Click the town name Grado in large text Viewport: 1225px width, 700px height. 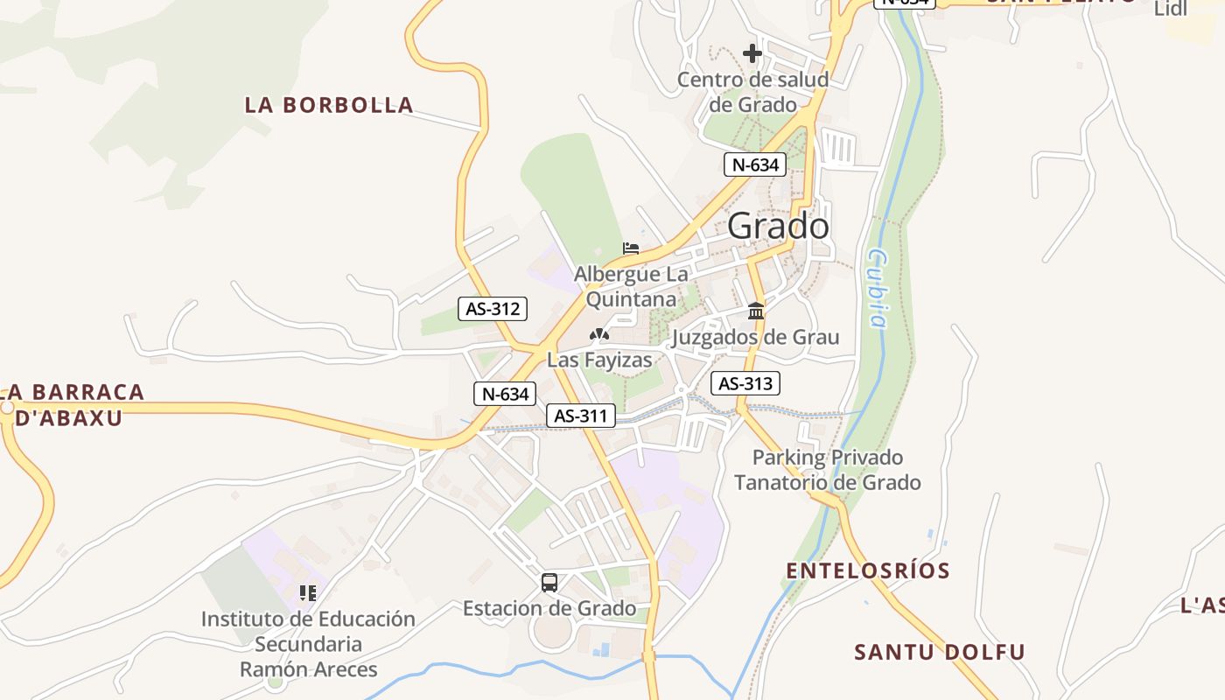tap(778, 227)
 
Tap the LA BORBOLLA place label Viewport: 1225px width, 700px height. tap(329, 105)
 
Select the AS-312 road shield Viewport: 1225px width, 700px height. tap(493, 308)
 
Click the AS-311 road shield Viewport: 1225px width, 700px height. tap(581, 416)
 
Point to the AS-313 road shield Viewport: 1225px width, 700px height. tap(745, 383)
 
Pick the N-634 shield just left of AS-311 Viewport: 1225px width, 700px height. tap(506, 394)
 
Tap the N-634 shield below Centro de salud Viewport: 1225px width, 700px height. tap(755, 164)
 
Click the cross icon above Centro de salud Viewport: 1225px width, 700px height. tap(752, 54)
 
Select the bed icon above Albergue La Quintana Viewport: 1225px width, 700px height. tap(631, 248)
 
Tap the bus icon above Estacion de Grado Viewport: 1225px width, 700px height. tap(549, 582)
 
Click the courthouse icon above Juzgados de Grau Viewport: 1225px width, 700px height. tap(756, 311)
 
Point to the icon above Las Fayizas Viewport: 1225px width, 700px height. tap(599, 334)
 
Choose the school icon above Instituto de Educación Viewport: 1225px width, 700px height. tap(307, 593)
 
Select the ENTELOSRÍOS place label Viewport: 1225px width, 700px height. tap(868, 570)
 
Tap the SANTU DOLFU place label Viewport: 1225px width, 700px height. tap(939, 652)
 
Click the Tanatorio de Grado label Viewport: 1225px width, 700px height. tap(827, 482)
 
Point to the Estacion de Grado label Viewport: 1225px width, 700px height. tap(549, 608)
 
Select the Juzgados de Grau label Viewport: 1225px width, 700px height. tap(755, 337)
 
